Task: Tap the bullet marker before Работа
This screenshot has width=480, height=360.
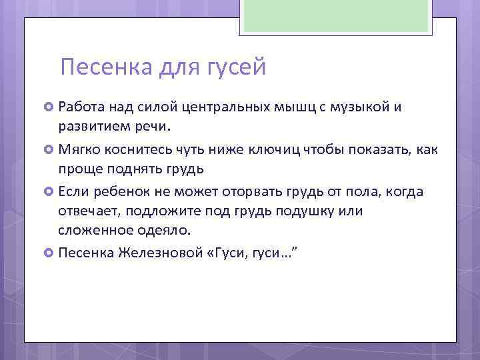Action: (49, 107)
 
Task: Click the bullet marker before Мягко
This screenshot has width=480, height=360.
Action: (49, 149)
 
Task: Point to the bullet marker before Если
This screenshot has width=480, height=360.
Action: (49, 192)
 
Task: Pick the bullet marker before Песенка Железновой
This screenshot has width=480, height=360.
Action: (49, 253)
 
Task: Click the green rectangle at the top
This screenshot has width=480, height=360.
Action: (336, 16)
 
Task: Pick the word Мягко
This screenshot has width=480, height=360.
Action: (78, 149)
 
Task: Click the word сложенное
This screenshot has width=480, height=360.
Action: (91, 231)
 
